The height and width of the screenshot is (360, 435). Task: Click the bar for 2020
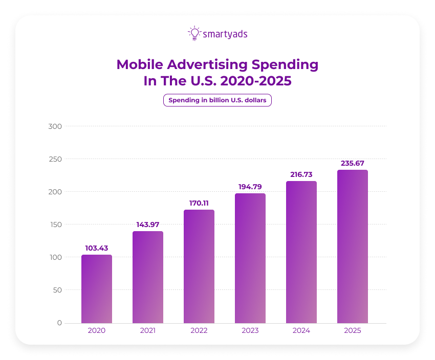coord(96,289)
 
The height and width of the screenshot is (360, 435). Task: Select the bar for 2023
coord(250,258)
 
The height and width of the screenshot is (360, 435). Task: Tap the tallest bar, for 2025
coord(352,246)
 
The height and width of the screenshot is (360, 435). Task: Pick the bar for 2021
coord(147,277)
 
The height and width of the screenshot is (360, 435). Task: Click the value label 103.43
coord(96,248)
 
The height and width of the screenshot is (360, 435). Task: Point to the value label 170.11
coord(199,203)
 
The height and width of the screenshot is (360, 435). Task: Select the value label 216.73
coord(301,174)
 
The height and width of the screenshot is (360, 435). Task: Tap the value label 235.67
coord(352,163)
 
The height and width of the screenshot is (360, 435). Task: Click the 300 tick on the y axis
coord(55,126)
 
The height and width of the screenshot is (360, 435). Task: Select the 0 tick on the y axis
coord(59,323)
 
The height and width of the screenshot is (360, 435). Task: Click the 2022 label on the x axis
coord(199,330)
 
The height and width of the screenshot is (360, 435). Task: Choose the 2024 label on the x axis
coord(301,330)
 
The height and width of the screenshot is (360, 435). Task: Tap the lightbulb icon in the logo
coord(194,33)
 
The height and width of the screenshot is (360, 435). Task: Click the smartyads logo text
coord(225,34)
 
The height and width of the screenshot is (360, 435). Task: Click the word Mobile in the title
coord(140,65)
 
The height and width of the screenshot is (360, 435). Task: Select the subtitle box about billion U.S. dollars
coord(217,100)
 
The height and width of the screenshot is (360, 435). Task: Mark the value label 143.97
coord(147,224)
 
